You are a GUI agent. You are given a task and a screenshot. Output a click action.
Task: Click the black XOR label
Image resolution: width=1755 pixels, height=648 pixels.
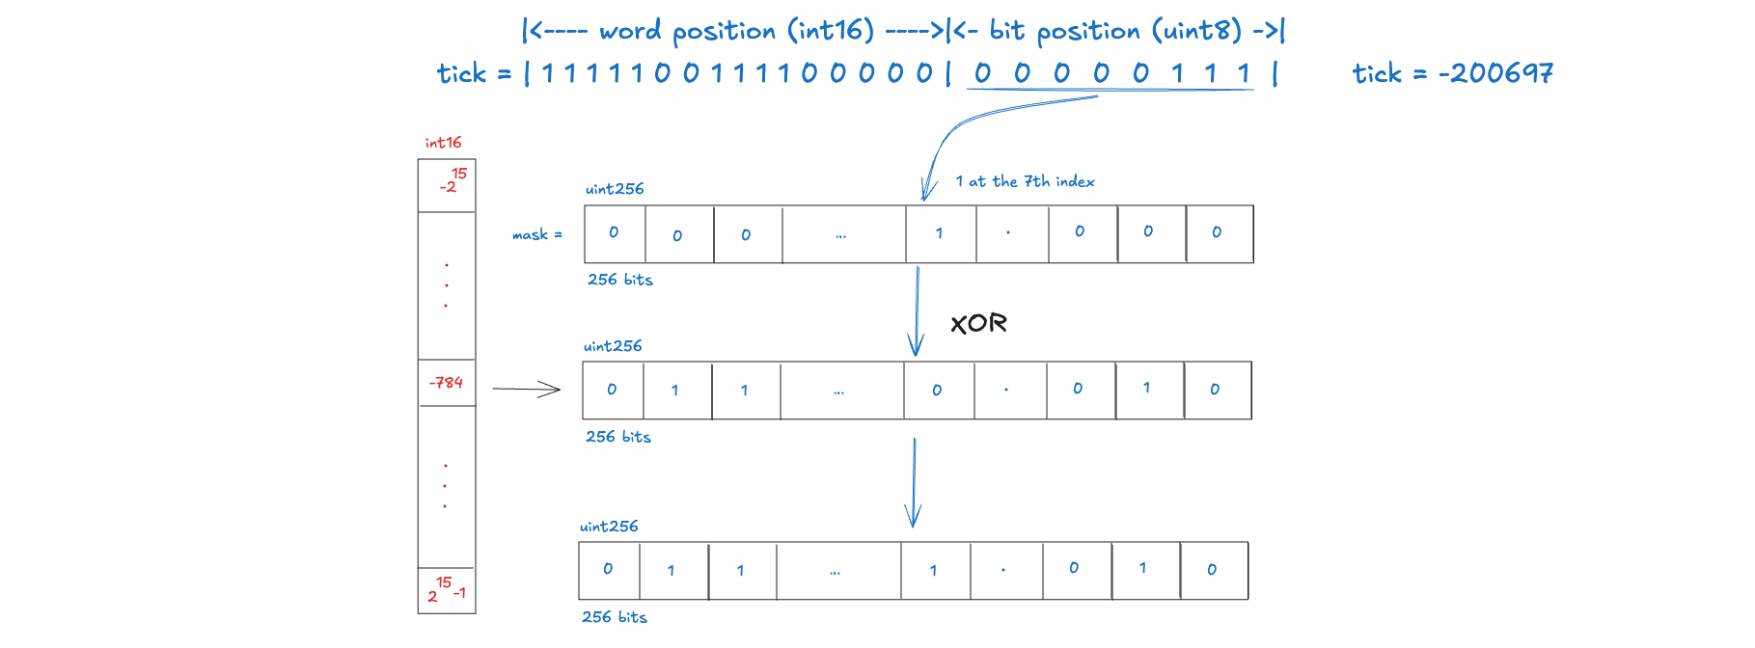(x=978, y=323)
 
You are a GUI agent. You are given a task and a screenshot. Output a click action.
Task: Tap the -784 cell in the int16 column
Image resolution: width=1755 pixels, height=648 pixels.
(x=446, y=383)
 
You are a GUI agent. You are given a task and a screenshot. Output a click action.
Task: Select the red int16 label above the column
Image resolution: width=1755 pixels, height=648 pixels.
(x=443, y=143)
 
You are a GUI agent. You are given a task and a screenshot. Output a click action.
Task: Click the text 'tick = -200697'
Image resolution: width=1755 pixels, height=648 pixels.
(x=1452, y=73)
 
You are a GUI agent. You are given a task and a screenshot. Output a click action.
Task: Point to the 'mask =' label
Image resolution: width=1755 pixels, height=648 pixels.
(x=536, y=234)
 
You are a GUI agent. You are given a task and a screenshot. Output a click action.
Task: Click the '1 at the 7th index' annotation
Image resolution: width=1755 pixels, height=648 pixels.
(x=1025, y=181)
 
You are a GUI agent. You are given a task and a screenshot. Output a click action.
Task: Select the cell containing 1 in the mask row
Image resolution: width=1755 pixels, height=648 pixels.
(x=941, y=233)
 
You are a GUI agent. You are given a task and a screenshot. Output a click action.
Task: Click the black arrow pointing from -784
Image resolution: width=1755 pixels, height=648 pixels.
(x=526, y=389)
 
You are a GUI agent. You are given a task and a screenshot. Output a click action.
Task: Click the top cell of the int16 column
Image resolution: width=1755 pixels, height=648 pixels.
(x=447, y=185)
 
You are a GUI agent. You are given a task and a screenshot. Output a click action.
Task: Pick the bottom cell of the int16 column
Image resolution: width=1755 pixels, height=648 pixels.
(x=447, y=590)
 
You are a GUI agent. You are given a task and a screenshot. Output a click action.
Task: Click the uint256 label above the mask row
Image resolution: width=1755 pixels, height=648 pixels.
(x=615, y=189)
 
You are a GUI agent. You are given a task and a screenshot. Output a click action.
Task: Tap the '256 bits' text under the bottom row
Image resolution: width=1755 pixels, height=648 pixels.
(x=614, y=617)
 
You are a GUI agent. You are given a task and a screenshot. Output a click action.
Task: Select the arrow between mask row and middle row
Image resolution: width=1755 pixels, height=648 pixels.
(x=916, y=310)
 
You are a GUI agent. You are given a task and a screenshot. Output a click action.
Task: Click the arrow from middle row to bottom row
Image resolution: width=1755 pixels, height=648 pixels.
(x=914, y=482)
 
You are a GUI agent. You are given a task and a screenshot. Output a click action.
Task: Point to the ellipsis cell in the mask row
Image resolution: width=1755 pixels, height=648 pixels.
(x=843, y=234)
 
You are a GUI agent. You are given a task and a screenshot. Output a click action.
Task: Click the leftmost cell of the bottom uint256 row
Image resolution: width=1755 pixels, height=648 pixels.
(x=609, y=570)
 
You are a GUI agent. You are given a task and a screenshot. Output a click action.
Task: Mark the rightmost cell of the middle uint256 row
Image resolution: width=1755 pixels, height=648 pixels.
(x=1218, y=391)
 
